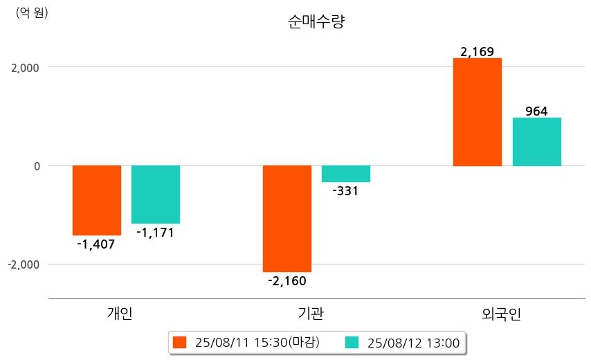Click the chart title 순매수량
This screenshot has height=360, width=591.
[316, 21]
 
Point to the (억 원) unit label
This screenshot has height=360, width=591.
[32, 12]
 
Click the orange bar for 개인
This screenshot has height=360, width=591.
[97, 200]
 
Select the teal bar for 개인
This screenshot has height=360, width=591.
[156, 195]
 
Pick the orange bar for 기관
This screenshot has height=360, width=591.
[287, 218]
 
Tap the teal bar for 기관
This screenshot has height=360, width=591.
[346, 174]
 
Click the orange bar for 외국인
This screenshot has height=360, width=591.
[478, 112]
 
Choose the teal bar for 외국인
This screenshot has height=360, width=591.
[536, 142]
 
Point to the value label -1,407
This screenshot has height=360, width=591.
[96, 244]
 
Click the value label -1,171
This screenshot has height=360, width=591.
[155, 233]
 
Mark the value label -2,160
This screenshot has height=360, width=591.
[287, 280]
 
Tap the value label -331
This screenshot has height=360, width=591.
[345, 191]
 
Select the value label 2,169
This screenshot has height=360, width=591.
[478, 51]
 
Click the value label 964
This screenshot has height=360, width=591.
[536, 111]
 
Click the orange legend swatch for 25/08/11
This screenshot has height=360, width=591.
[180, 343]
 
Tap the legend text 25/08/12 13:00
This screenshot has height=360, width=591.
[414, 343]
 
